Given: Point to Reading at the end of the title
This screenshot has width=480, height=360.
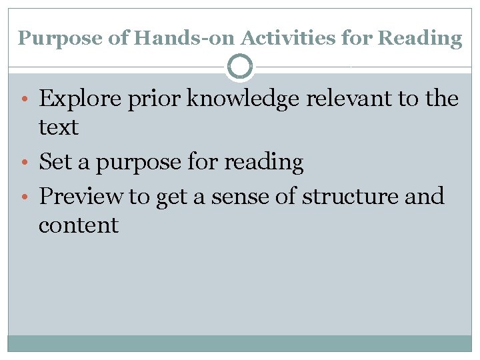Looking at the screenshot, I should (x=419, y=39).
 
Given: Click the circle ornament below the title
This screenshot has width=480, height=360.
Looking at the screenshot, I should (x=240, y=67).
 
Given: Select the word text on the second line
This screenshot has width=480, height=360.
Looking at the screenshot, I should (x=59, y=127).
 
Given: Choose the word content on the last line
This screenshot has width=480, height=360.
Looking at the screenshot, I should (x=79, y=225).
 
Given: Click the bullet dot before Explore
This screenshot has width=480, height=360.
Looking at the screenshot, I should (x=24, y=99).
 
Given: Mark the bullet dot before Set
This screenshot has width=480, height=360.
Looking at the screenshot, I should (x=24, y=162).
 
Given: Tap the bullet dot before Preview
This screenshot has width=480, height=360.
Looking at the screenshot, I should (x=24, y=197).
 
